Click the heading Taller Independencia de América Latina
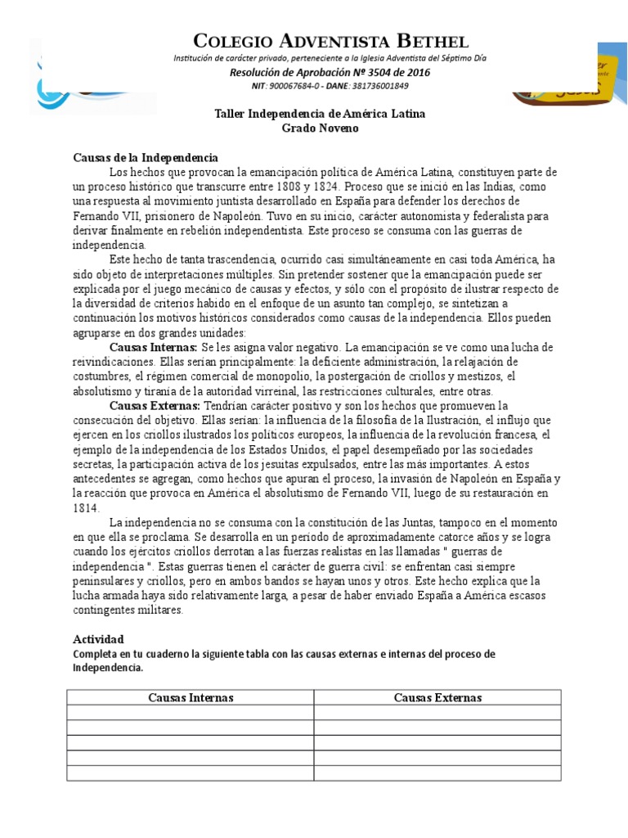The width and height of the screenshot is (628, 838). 320,114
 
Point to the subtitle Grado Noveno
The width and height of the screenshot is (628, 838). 320,128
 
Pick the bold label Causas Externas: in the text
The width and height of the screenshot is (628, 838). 155,406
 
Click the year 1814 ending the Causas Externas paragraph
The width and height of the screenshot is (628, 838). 86,508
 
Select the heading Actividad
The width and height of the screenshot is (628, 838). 98,638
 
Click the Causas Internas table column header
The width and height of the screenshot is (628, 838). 191,697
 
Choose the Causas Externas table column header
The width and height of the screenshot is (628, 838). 437,697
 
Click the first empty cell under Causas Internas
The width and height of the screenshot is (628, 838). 191,713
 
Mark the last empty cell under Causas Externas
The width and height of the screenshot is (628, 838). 437,773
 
